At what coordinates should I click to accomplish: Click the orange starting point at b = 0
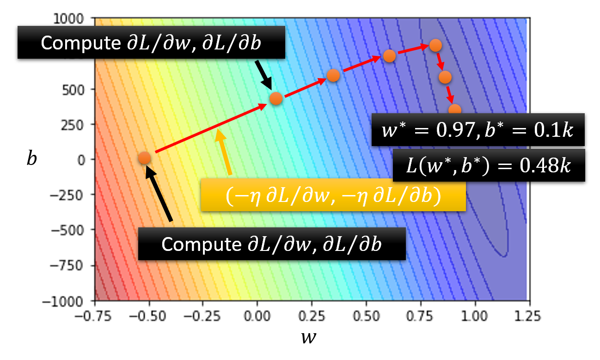click(x=144, y=158)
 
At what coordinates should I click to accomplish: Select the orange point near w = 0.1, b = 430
click(x=276, y=98)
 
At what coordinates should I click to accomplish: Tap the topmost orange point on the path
click(x=435, y=45)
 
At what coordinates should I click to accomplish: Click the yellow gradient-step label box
click(x=333, y=196)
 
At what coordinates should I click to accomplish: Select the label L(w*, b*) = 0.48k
click(x=489, y=165)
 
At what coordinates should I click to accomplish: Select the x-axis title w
click(x=306, y=338)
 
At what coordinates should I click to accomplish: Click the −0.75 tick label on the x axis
click(x=94, y=317)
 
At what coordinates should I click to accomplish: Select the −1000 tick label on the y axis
click(x=68, y=301)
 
